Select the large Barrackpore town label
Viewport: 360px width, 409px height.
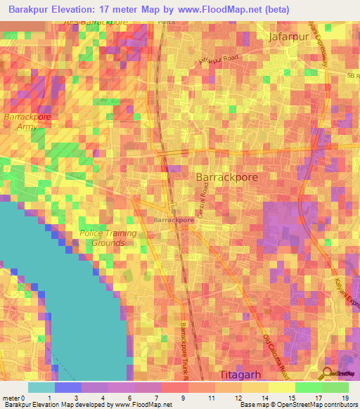click(x=226, y=178)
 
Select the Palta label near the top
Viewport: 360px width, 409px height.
click(x=167, y=22)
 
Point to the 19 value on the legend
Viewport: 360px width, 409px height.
click(x=345, y=397)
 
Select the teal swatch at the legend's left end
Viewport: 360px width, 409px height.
click(x=41, y=387)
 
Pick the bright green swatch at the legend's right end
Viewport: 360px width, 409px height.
click(x=335, y=387)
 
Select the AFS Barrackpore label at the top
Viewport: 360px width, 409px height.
click(x=96, y=22)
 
